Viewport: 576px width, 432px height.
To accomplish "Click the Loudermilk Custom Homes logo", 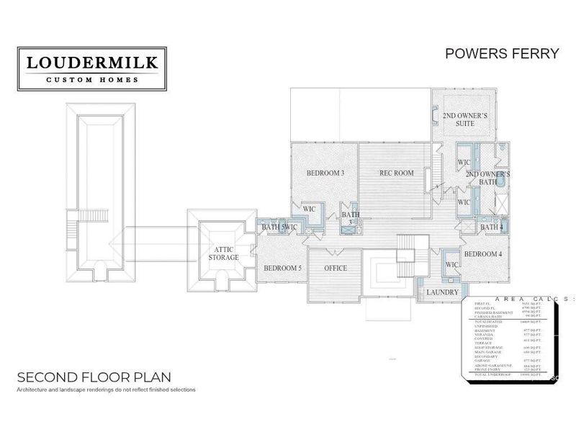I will pos(92,69).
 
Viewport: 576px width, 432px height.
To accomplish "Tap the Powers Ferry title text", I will pos(502,54).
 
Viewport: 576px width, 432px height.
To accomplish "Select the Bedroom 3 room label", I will pos(325,173).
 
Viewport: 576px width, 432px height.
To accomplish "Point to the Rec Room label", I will pos(397,173).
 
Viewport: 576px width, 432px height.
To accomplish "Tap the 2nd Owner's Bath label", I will pos(487,179).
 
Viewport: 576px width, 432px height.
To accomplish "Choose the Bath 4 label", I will pos(491,228).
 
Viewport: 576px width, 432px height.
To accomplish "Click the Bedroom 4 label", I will pos(482,254).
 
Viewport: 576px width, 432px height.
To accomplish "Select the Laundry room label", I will pos(442,292).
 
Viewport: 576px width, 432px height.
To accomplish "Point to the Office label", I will pos(335,269).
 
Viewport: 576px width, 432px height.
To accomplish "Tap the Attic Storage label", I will pos(223,253).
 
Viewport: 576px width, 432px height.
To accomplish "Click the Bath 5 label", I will pos(273,228).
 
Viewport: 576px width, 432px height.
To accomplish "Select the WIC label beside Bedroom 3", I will pos(310,209).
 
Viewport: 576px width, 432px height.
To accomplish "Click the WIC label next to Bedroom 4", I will pos(452,265).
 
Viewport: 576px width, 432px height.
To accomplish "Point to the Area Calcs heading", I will pos(518,298).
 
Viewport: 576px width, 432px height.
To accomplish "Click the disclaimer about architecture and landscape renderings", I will pos(106,390).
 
